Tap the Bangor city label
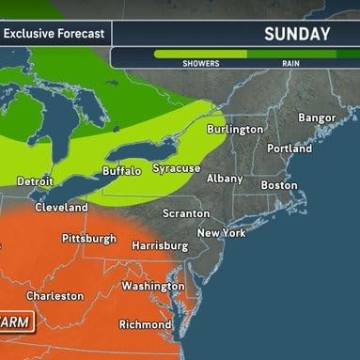[316, 117]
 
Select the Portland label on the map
[289, 149]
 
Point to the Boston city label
[278, 185]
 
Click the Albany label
[225, 178]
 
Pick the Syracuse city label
[178, 168]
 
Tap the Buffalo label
[121, 170]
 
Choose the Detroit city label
[35, 180]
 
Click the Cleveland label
[61, 207]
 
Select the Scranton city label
[185, 213]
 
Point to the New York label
[221, 232]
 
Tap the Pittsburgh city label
[89, 238]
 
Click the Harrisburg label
[162, 245]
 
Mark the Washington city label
[152, 286]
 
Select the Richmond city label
[145, 325]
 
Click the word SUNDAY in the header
[297, 35]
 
